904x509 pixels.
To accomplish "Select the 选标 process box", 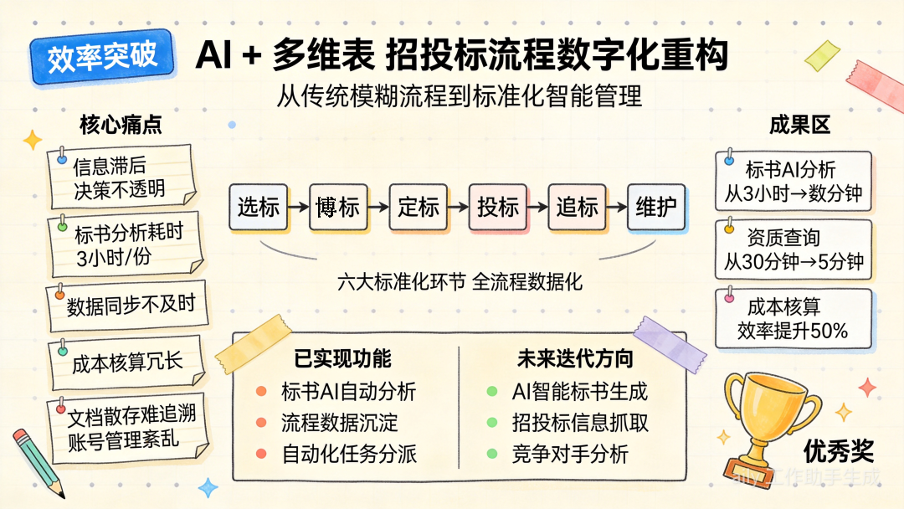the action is (258, 207).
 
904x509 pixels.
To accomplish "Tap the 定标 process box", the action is (418, 207).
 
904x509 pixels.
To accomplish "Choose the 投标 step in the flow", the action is (497, 207).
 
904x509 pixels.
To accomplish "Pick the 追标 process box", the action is (577, 207).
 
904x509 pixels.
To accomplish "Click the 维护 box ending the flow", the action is (656, 207).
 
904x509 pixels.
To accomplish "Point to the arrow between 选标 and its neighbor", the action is (298, 207).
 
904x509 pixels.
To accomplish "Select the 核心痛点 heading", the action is (121, 125).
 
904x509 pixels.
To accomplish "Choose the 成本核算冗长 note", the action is (126, 362).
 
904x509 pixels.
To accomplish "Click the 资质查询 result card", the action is (794, 250).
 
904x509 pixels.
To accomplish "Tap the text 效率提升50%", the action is (793, 331).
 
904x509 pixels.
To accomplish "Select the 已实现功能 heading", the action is (343, 358).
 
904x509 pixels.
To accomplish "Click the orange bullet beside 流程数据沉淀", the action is (261, 423).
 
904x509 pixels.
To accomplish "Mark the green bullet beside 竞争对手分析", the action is (492, 455).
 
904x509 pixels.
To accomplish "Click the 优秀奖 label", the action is (838, 452).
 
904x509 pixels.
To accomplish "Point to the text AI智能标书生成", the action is (579, 391).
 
